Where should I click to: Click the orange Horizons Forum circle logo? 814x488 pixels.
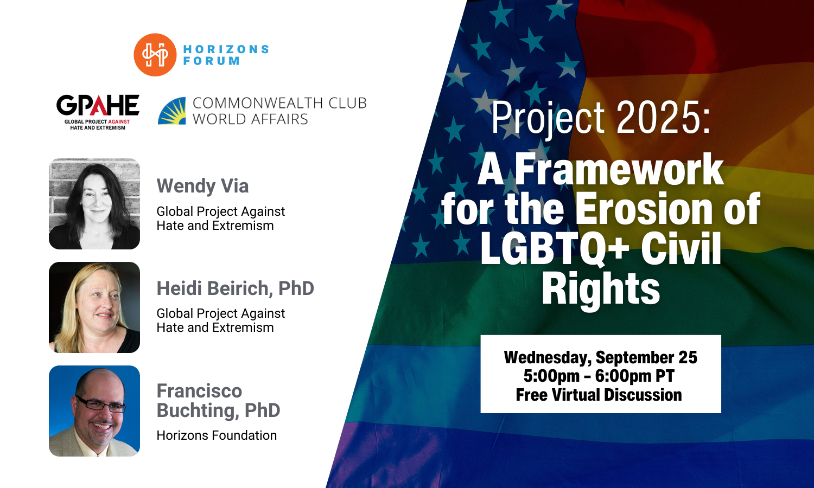pyautogui.click(x=155, y=55)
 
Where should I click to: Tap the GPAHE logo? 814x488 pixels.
pyautogui.click(x=98, y=112)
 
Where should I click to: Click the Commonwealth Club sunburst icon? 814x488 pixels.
pyautogui.click(x=172, y=111)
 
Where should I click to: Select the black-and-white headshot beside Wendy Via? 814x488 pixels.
pyautogui.click(x=94, y=204)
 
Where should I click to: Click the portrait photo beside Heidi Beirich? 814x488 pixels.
pyautogui.click(x=94, y=307)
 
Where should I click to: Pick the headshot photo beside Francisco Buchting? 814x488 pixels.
pyautogui.click(x=94, y=410)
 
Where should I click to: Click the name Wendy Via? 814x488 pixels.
pyautogui.click(x=203, y=186)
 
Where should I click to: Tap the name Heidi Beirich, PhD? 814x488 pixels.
pyautogui.click(x=236, y=288)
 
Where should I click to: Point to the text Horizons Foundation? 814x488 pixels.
pyautogui.click(x=217, y=435)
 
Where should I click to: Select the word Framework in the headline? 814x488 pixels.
pyautogui.click(x=620, y=170)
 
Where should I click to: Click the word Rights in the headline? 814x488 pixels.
pyautogui.click(x=601, y=290)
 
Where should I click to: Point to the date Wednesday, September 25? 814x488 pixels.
pyautogui.click(x=601, y=357)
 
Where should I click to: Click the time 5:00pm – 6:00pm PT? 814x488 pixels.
pyautogui.click(x=599, y=376)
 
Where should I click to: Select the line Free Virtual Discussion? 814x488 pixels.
pyautogui.click(x=599, y=395)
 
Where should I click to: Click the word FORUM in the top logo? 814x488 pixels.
pyautogui.click(x=212, y=61)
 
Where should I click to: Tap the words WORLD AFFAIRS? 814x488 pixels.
pyautogui.click(x=250, y=119)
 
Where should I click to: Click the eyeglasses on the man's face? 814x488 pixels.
pyautogui.click(x=100, y=404)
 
